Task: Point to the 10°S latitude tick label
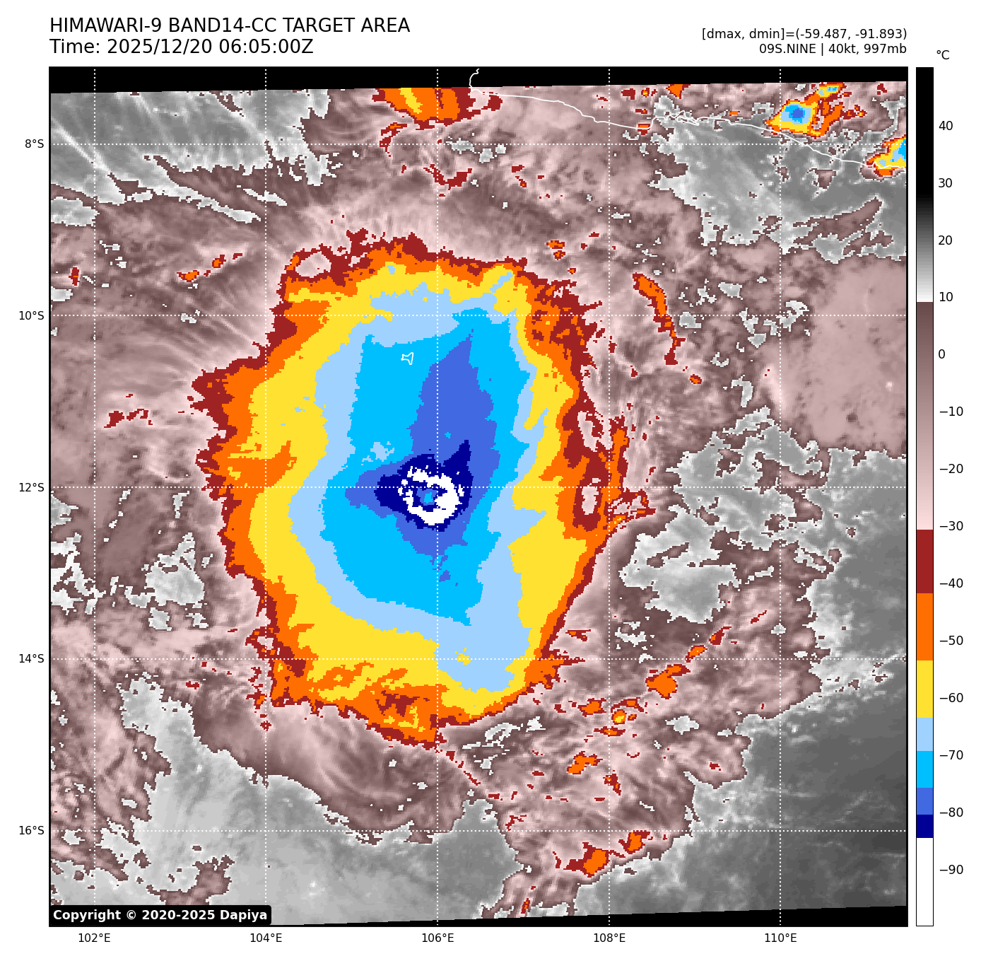pyautogui.click(x=31, y=315)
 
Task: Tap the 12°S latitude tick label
pyautogui.click(x=31, y=487)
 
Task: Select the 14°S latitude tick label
pyautogui.click(x=31, y=659)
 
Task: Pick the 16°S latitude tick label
pyautogui.click(x=31, y=830)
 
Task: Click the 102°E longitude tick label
pyautogui.click(x=94, y=938)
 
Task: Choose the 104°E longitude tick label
pyautogui.click(x=266, y=938)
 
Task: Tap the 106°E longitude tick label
pyautogui.click(x=437, y=938)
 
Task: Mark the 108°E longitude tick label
pyautogui.click(x=609, y=938)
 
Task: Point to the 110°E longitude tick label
pyautogui.click(x=780, y=938)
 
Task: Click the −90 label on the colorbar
pyautogui.click(x=951, y=870)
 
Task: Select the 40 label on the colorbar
pyautogui.click(x=946, y=126)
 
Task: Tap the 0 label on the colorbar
pyautogui.click(x=941, y=354)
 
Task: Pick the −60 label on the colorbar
pyautogui.click(x=951, y=698)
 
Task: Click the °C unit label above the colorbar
pyautogui.click(x=943, y=55)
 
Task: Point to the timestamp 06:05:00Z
pyautogui.click(x=266, y=47)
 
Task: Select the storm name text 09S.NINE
pyautogui.click(x=787, y=49)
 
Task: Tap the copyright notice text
pyautogui.click(x=160, y=915)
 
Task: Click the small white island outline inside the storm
pyautogui.click(x=408, y=359)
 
